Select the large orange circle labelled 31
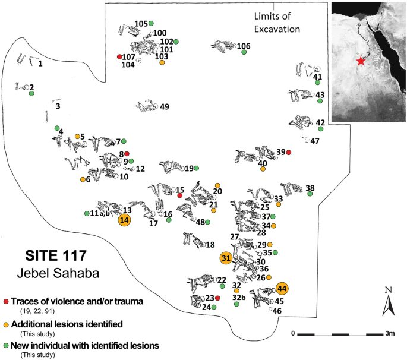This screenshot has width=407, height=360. tap(226, 258)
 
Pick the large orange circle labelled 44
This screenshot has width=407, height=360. tap(282, 289)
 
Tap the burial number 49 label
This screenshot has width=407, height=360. tap(165, 107)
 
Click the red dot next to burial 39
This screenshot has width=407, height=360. tap(289, 153)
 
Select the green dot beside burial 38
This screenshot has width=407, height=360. tap(310, 194)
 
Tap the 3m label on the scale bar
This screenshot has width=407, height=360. tap(390, 333)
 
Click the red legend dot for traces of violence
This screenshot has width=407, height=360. tap(5, 302)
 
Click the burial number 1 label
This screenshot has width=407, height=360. tap(40, 63)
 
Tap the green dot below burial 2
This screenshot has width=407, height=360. tap(31, 94)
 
